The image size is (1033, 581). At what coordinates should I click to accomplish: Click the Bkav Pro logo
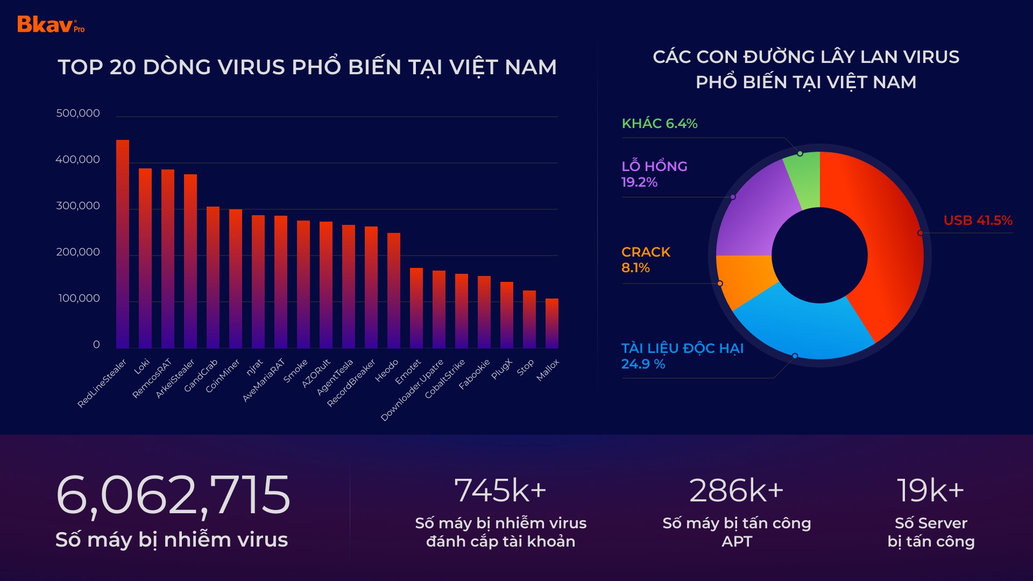pos(51,25)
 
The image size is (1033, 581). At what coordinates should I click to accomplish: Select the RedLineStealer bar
pos(123,245)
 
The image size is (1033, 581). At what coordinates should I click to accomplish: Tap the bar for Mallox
pos(552,324)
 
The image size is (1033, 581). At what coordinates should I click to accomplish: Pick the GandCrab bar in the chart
pos(213,278)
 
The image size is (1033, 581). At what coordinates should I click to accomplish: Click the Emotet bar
pos(416,308)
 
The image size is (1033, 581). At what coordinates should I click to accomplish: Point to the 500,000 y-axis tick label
pos(78,114)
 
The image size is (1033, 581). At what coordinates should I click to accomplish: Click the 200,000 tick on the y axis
pos(78,252)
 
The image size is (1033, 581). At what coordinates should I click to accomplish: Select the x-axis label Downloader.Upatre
pos(413,389)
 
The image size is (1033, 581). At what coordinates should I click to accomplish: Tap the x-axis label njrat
pos(254,367)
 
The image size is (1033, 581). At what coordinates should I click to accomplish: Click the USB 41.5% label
pos(978,221)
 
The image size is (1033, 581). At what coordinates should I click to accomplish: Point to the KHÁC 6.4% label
pos(660,124)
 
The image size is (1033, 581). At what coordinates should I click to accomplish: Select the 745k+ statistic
pos(500,491)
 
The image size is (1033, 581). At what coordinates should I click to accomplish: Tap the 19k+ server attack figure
pos(930,491)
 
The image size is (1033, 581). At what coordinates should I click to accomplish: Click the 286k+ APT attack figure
pos(736,491)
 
